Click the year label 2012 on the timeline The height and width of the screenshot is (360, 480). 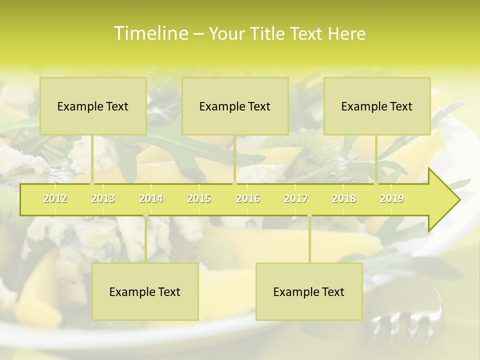click(x=55, y=198)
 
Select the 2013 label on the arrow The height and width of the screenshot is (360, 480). click(x=103, y=198)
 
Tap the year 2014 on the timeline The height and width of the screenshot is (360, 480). click(x=151, y=198)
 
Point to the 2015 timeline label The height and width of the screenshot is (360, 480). click(x=199, y=198)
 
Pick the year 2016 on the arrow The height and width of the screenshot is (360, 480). click(x=248, y=198)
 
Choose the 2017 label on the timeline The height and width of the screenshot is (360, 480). click(x=296, y=198)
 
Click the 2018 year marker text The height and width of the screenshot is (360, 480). click(x=344, y=198)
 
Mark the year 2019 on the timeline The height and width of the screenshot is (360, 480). click(x=392, y=198)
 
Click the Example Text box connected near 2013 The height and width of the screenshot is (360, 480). click(x=93, y=106)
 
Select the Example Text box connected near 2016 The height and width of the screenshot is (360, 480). click(x=235, y=106)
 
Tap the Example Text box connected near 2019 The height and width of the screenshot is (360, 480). click(x=377, y=106)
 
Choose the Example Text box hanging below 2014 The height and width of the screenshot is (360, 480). click(x=145, y=291)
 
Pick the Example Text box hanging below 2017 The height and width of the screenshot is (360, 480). click(x=309, y=291)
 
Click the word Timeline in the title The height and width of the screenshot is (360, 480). click(x=150, y=33)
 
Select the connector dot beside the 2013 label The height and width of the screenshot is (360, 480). click(x=92, y=183)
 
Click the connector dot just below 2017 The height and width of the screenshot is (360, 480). click(x=309, y=215)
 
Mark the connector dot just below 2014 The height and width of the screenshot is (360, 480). click(x=145, y=215)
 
